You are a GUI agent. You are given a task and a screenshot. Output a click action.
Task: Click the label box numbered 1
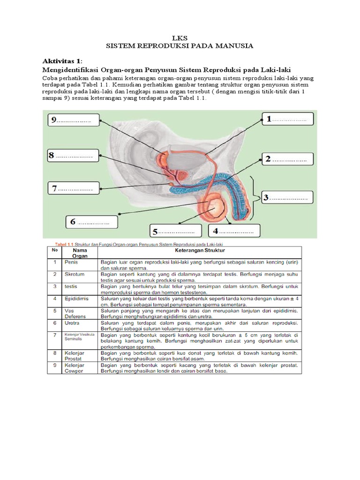click(x=287, y=120)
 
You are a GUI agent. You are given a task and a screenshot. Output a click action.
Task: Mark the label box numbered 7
click(x=73, y=189)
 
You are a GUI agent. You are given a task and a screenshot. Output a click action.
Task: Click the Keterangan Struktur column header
click(x=199, y=251)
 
